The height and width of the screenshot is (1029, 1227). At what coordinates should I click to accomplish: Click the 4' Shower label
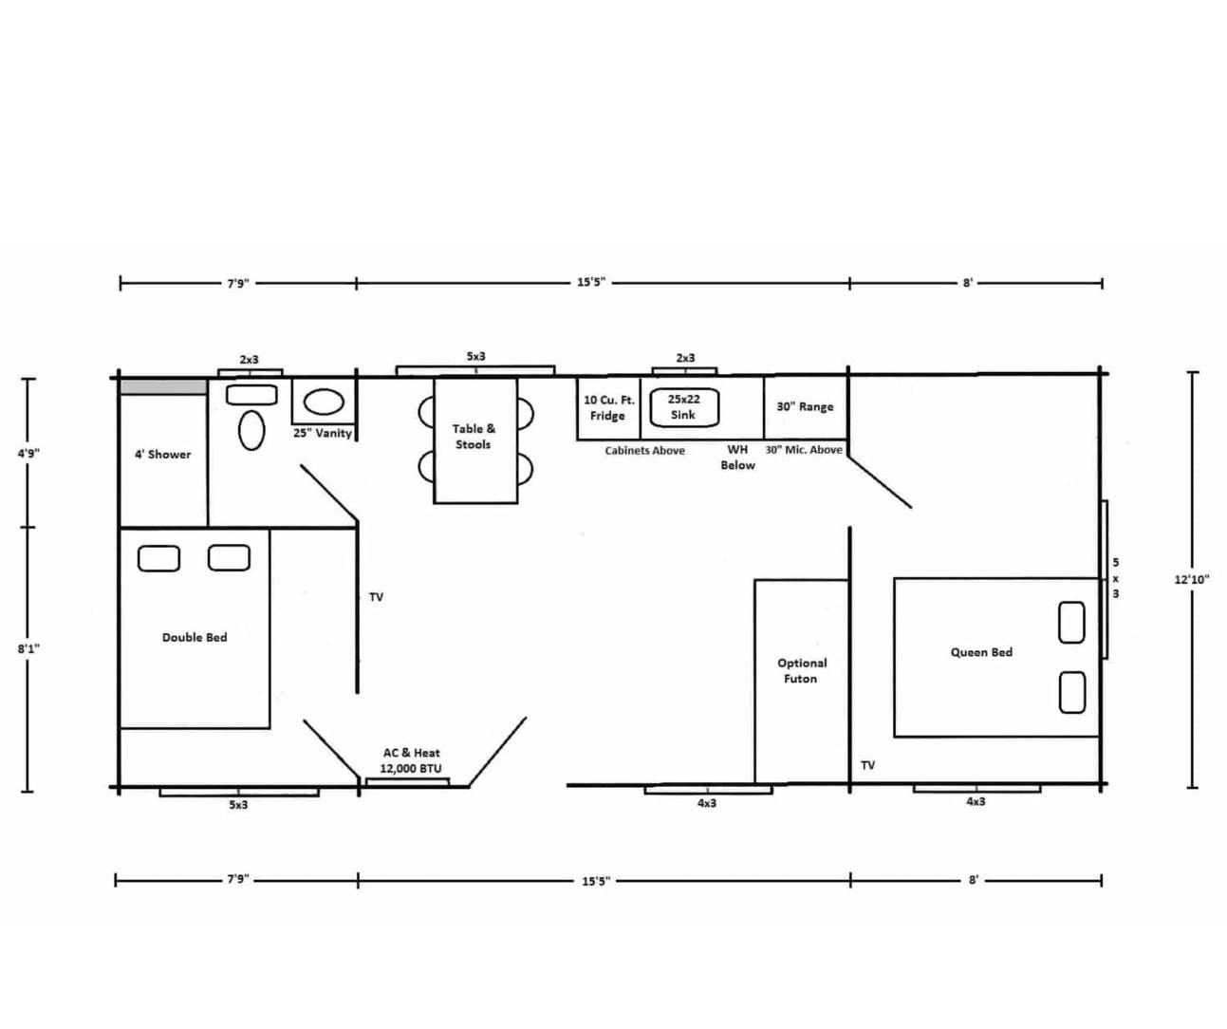163,454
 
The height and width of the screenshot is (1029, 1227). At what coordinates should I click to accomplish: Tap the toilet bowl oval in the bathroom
251,430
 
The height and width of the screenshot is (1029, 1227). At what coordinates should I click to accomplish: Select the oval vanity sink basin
324,402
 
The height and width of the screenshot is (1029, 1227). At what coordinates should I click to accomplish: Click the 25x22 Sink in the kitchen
684,407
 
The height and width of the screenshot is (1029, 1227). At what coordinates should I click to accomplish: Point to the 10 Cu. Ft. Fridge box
608,408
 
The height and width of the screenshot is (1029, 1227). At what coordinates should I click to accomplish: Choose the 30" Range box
805,407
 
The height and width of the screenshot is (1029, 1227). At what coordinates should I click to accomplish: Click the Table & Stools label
474,437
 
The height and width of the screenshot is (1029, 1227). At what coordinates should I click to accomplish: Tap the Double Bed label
195,637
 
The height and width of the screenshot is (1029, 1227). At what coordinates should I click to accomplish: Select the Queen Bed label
981,652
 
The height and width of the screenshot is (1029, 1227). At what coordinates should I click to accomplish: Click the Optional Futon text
802,671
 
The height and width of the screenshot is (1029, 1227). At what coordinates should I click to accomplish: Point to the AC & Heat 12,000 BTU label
411,760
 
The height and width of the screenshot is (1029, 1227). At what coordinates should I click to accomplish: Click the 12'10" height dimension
1192,580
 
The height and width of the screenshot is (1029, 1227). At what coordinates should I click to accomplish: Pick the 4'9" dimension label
28,454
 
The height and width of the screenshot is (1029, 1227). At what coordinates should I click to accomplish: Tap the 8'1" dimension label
28,648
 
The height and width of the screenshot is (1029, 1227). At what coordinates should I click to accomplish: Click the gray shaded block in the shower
163,387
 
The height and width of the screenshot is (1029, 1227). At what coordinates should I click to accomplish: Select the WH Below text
738,458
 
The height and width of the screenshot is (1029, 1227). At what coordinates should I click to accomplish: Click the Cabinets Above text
644,451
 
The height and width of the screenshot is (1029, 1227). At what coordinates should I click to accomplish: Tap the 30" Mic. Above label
804,450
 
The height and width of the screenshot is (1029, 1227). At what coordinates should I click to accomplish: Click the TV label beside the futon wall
868,765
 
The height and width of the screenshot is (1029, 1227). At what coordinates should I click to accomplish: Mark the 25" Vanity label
323,434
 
